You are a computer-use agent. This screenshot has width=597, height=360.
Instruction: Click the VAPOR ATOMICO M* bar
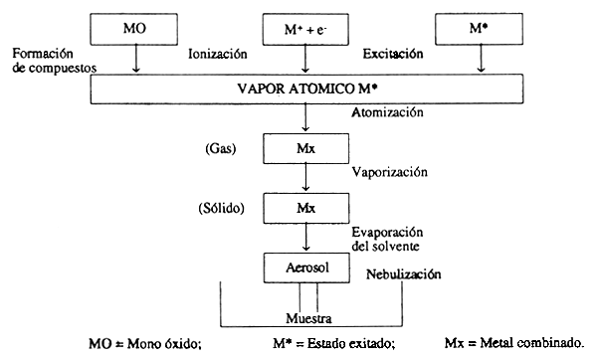tap(304, 88)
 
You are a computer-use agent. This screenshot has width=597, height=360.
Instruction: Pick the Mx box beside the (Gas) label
tap(304, 149)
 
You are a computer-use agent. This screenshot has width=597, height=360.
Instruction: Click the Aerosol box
tap(304, 268)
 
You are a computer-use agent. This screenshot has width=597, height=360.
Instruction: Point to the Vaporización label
tap(389, 171)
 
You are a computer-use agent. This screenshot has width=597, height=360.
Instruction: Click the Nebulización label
tap(403, 274)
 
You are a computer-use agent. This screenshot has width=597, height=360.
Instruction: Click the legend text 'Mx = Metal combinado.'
tap(514, 344)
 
